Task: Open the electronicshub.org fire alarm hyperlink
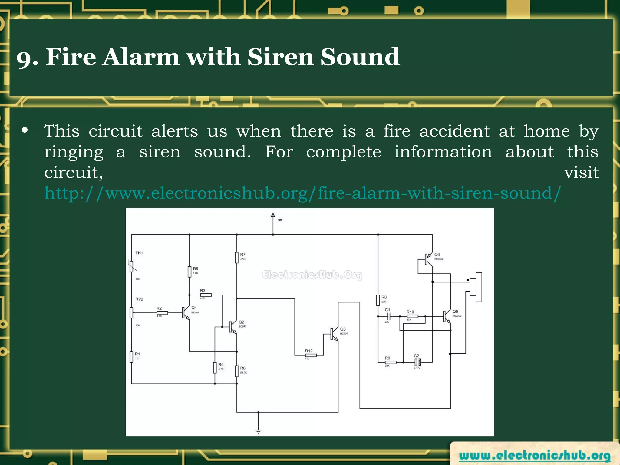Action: click(x=302, y=193)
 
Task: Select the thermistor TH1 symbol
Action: click(x=131, y=266)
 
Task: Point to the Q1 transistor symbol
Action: click(x=185, y=313)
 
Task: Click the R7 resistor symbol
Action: click(x=237, y=258)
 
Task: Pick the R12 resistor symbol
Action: click(x=311, y=355)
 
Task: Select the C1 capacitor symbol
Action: click(x=389, y=316)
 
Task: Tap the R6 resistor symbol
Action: click(x=237, y=371)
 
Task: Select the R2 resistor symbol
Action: click(x=162, y=313)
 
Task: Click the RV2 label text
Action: click(x=139, y=299)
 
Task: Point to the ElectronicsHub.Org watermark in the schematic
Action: click(x=312, y=275)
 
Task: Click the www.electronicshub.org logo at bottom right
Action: click(x=534, y=455)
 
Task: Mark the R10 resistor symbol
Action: click(x=412, y=316)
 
